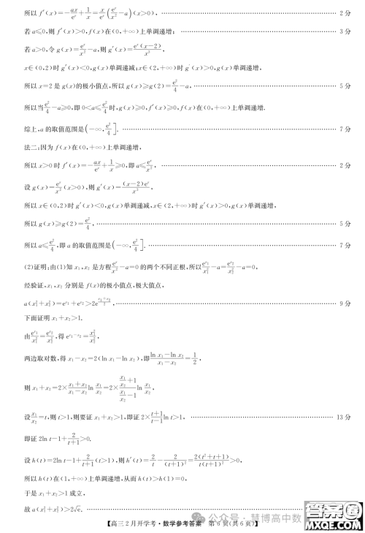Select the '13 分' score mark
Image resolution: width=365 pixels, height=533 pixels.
pos(344,417)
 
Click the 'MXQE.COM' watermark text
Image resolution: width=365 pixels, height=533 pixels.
pos(334,525)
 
